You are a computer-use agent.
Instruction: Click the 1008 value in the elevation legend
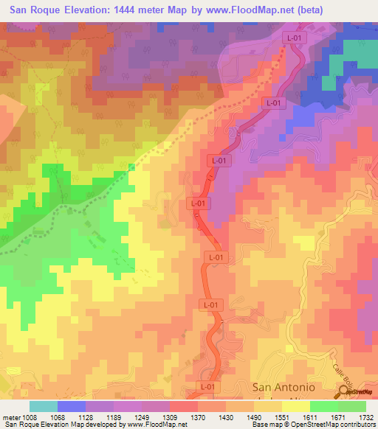(30, 417)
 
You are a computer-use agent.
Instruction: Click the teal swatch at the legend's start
(43, 406)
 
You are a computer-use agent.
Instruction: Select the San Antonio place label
(285, 387)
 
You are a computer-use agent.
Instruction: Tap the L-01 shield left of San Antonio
(209, 386)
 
